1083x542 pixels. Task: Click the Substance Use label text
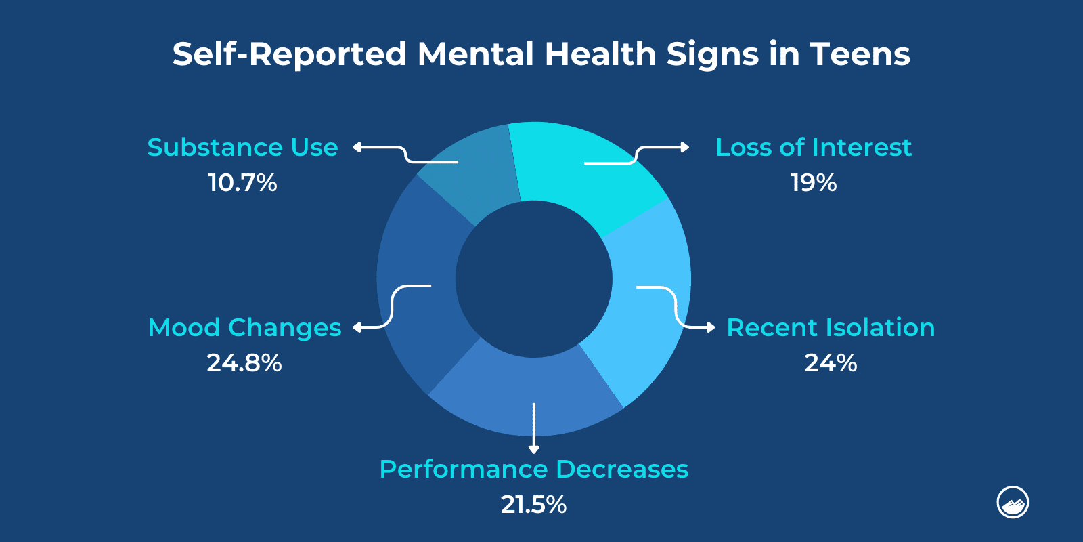point(242,148)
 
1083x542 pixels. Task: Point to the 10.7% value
point(242,183)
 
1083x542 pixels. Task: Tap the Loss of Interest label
point(813,148)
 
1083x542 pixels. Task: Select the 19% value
point(813,183)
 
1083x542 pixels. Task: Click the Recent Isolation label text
point(830,328)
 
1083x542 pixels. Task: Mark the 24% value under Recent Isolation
point(830,363)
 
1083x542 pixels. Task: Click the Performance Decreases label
point(533,470)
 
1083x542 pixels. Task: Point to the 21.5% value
point(533,505)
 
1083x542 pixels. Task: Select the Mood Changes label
point(244,328)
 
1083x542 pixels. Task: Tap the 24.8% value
point(244,363)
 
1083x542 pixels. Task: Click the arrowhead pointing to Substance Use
point(357,147)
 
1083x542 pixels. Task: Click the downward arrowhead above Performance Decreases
point(534,449)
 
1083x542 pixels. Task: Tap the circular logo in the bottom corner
point(1013,503)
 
